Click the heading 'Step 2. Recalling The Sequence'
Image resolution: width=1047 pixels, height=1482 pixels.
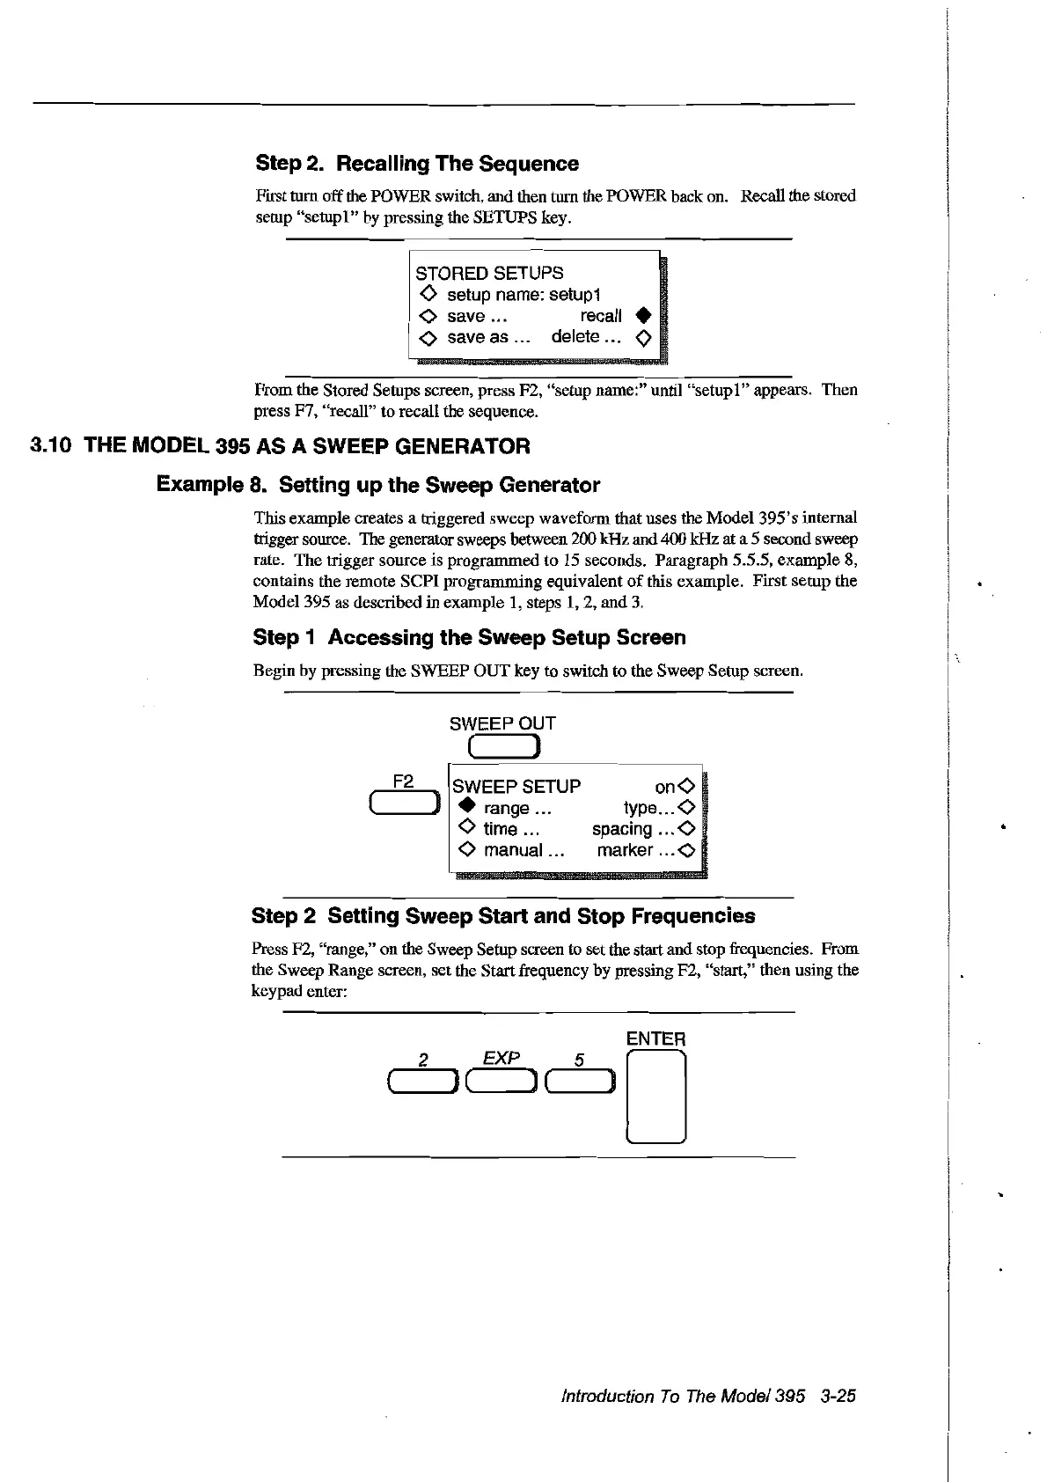pyautogui.click(x=417, y=164)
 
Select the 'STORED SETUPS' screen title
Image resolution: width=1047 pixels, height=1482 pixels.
pyautogui.click(x=489, y=273)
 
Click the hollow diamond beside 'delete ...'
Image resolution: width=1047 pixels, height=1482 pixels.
pyautogui.click(x=643, y=337)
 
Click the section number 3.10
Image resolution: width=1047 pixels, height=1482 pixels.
pyautogui.click(x=51, y=446)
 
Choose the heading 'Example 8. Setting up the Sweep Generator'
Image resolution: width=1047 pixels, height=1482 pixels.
pyautogui.click(x=377, y=485)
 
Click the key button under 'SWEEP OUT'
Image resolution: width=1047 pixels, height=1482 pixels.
pyautogui.click(x=502, y=747)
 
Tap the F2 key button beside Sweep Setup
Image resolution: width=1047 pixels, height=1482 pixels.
pyautogui.click(x=404, y=803)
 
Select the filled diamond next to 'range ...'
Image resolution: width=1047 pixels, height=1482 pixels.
pyautogui.click(x=466, y=808)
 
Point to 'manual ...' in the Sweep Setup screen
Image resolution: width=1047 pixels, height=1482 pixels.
pyautogui.click(x=523, y=850)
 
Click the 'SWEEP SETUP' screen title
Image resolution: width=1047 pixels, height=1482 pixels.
pyautogui.click(x=516, y=786)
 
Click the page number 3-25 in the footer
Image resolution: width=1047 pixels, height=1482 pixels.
pyautogui.click(x=836, y=1397)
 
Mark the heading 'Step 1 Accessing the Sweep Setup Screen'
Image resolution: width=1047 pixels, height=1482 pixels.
pyautogui.click(x=469, y=637)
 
